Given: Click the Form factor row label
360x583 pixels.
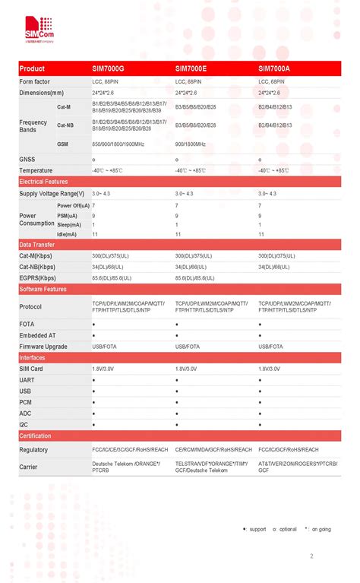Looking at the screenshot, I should pos(35,81).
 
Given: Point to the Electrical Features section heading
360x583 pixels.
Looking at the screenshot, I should pos(43,182).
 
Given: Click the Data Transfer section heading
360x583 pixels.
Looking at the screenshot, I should pos(36,245).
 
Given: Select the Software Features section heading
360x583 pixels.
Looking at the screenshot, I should pos(43,290).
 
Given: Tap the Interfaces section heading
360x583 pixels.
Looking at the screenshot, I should pos(32,357).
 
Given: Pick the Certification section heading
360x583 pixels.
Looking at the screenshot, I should pos(35,436).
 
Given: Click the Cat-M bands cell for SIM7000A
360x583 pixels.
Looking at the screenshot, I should pos(275,107).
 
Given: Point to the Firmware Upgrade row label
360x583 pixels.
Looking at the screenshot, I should pos(43,347).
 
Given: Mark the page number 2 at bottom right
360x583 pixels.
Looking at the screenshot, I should pos(311,556).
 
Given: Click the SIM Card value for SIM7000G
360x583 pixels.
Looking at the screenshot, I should pos(103,368).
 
